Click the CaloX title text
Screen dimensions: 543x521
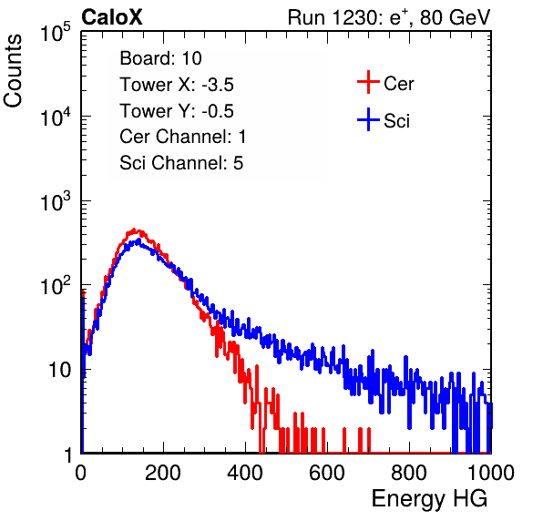click(111, 17)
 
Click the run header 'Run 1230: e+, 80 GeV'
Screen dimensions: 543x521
click(389, 17)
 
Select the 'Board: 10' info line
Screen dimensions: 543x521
click(160, 58)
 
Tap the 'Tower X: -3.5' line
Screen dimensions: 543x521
click(177, 85)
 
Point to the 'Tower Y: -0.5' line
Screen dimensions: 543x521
click(177, 111)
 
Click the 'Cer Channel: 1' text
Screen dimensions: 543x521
click(183, 137)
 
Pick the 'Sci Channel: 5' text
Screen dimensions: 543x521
click(181, 163)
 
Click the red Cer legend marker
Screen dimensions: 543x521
click(368, 82)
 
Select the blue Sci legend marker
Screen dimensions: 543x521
click(368, 120)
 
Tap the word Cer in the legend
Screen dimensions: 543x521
click(398, 84)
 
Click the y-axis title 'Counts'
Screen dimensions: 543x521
click(13, 71)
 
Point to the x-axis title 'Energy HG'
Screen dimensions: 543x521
click(429, 499)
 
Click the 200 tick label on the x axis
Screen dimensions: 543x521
click(163, 473)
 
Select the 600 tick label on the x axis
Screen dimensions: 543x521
click(327, 473)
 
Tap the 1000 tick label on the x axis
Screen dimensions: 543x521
click(491, 473)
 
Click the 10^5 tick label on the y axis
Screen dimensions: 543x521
click(56, 33)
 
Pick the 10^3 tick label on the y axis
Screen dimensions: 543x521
click(56, 201)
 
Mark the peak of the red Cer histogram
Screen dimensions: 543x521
click(135, 230)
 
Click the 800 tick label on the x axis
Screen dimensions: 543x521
click(409, 473)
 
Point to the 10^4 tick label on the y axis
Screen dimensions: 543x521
click(56, 117)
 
